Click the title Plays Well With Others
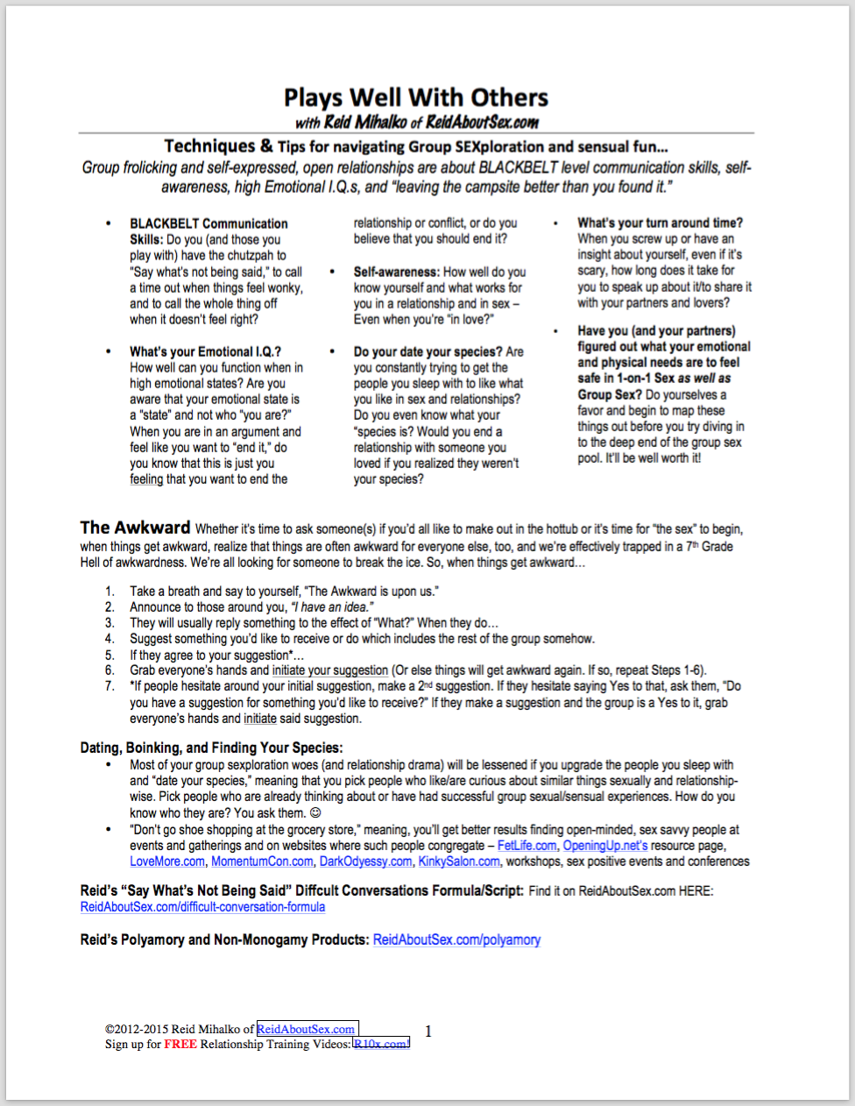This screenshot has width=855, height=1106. (416, 97)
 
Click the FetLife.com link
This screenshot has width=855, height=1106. (526, 846)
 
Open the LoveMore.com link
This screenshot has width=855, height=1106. (167, 861)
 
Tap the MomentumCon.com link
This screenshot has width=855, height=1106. (262, 861)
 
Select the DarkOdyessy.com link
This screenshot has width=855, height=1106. (365, 861)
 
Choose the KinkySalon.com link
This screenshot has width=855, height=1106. (459, 861)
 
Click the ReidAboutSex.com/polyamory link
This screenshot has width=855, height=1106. (456, 939)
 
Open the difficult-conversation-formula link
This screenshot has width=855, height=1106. (202, 907)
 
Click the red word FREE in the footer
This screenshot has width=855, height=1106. (180, 1044)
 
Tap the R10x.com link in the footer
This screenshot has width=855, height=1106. (380, 1044)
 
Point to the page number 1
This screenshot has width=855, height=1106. (428, 1032)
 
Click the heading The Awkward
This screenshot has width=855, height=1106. (135, 528)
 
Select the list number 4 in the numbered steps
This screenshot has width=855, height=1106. (110, 639)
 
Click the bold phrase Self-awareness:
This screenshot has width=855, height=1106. (397, 272)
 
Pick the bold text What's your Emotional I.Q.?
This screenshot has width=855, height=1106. (205, 351)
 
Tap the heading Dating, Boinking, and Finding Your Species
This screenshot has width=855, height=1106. (211, 748)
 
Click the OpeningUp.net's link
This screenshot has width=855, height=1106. (605, 846)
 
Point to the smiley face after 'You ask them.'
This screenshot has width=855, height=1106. (315, 813)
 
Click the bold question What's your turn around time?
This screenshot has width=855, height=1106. (660, 223)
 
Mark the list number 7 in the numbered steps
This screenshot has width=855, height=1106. (110, 686)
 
